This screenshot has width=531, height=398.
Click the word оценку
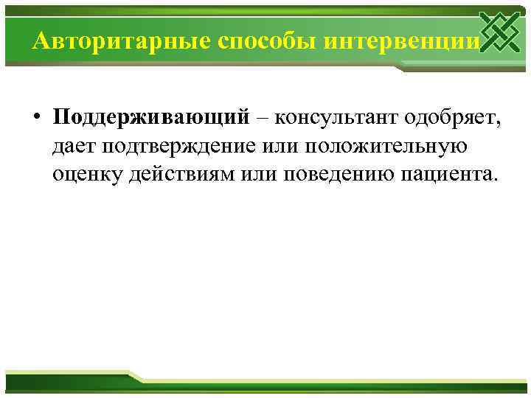[x=83, y=175]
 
